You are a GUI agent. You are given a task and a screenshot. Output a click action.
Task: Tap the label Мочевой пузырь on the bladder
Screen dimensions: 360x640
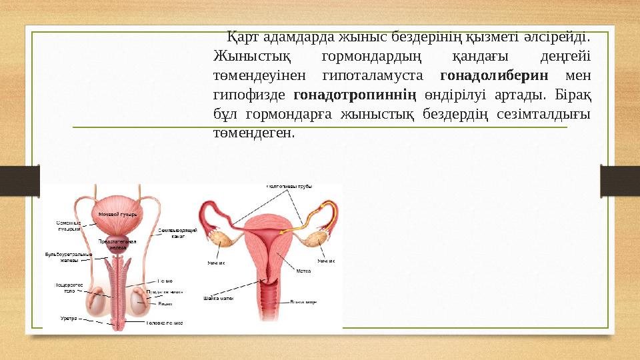[x=117, y=214]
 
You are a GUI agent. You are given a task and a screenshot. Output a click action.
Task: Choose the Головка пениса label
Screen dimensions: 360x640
[x=165, y=323]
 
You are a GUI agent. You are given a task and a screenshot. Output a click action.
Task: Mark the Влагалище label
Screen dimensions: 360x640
[x=303, y=302]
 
